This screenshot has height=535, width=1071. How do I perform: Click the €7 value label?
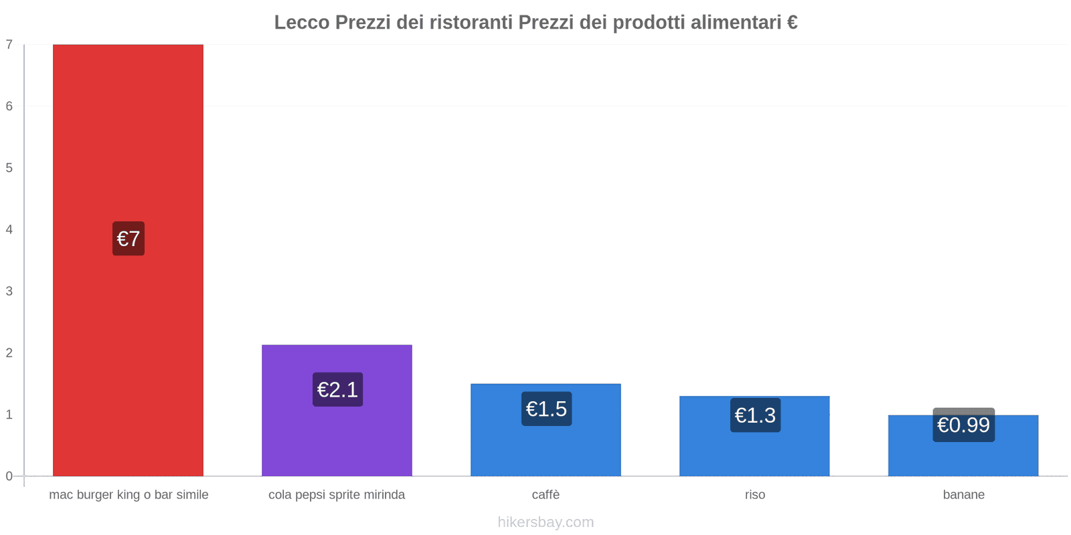129,239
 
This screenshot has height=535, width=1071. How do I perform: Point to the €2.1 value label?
337,390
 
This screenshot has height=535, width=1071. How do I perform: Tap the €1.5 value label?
546,409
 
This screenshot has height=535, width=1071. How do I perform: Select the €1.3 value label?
755,415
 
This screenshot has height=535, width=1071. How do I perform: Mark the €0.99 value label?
963,425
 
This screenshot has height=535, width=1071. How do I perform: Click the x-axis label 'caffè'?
546,495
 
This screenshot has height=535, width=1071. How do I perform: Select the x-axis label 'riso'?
754,495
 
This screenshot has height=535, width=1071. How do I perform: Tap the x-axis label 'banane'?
963,495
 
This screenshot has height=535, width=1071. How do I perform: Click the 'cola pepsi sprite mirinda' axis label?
337,495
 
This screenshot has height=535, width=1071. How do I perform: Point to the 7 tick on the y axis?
9,45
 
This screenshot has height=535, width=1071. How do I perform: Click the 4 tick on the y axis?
9,229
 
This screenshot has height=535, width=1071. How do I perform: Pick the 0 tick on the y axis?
9,476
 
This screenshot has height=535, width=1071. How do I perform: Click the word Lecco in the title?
302,23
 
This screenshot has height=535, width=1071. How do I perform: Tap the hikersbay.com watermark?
546,522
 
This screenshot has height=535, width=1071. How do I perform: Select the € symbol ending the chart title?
792,23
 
